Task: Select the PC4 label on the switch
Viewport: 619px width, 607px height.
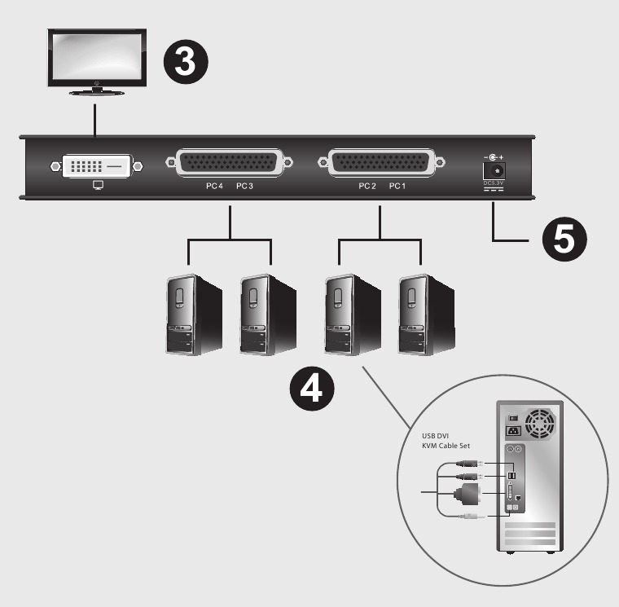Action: (214, 187)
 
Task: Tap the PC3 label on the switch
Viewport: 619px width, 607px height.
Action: (245, 187)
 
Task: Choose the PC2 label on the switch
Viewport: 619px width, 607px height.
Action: (367, 187)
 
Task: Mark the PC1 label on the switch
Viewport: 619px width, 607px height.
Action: (397, 187)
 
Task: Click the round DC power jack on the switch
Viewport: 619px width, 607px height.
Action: (494, 169)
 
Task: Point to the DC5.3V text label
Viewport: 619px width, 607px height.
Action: (494, 184)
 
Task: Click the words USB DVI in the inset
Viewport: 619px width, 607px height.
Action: (437, 436)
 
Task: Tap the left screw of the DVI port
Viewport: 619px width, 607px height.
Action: (55, 166)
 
